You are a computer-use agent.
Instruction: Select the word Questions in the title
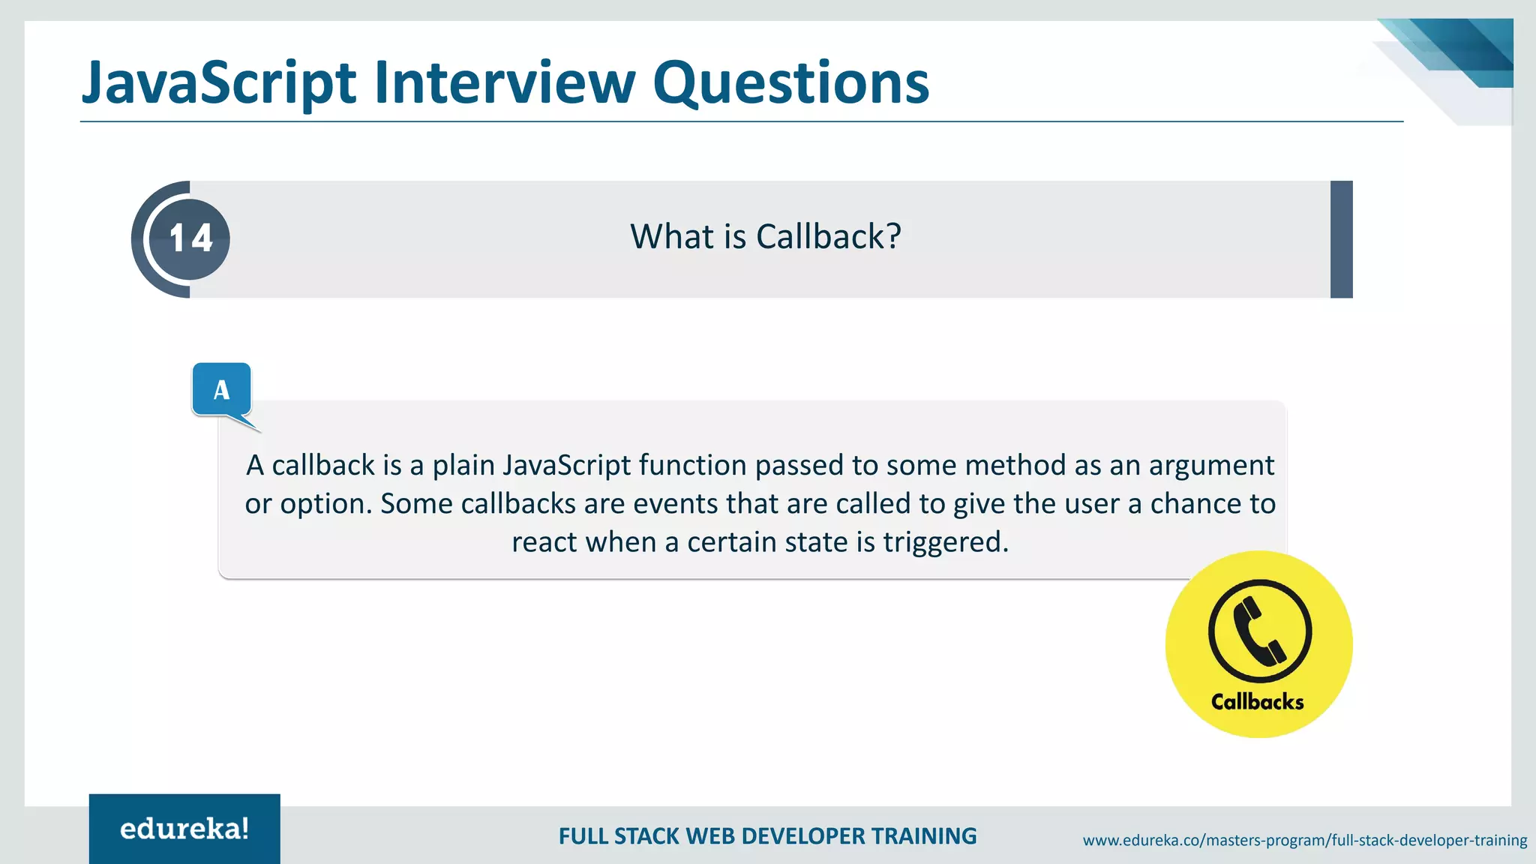point(790,82)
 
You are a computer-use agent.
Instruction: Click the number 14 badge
point(190,238)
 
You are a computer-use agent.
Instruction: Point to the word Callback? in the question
point(828,237)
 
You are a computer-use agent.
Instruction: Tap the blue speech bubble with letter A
point(221,389)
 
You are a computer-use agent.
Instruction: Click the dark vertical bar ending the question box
point(1341,239)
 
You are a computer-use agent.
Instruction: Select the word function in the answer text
point(692,465)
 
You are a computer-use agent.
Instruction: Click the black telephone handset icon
point(1260,631)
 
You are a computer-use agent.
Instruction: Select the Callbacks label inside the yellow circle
point(1257,702)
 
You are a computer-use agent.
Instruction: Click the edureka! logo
point(184,829)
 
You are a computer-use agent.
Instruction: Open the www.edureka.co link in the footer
point(1304,840)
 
